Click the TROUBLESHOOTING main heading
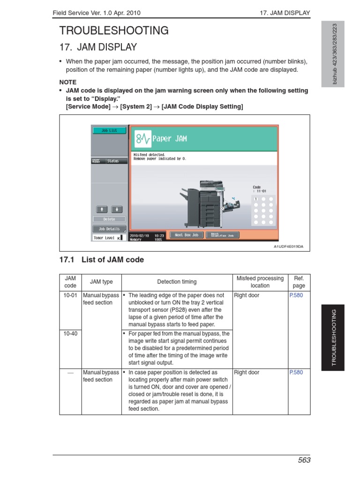pyautogui.click(x=114, y=31)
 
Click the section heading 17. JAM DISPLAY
pyautogui.click(x=98, y=47)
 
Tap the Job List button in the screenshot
pyautogui.click(x=109, y=130)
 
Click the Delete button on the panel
pyautogui.click(x=109, y=219)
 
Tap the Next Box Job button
pyautogui.click(x=186, y=235)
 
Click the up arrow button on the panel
pyautogui.click(x=102, y=209)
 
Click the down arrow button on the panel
pyautogui.click(x=117, y=209)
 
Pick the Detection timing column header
pyautogui.click(x=177, y=282)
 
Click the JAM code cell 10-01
pyautogui.click(x=70, y=296)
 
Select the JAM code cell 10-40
pyautogui.click(x=70, y=334)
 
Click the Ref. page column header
pyautogui.click(x=299, y=282)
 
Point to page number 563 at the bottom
pyautogui.click(x=304, y=460)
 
